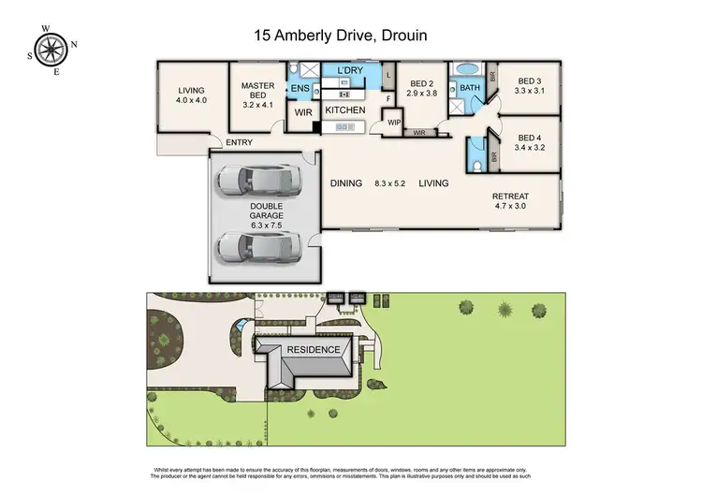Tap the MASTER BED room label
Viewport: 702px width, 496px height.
pos(257,91)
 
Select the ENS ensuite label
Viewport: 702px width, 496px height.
pos(300,89)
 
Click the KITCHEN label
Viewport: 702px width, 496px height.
pos(344,110)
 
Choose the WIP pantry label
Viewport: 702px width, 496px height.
pos(394,122)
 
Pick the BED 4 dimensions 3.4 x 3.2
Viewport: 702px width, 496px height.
pos(529,147)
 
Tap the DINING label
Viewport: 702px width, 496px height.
pos(346,183)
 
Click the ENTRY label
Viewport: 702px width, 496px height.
pos(238,143)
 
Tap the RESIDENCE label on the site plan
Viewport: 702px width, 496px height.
pos(314,349)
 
